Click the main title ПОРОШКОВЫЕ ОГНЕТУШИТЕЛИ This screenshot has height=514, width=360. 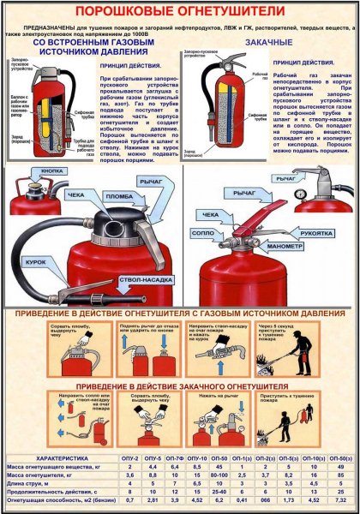179,11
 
